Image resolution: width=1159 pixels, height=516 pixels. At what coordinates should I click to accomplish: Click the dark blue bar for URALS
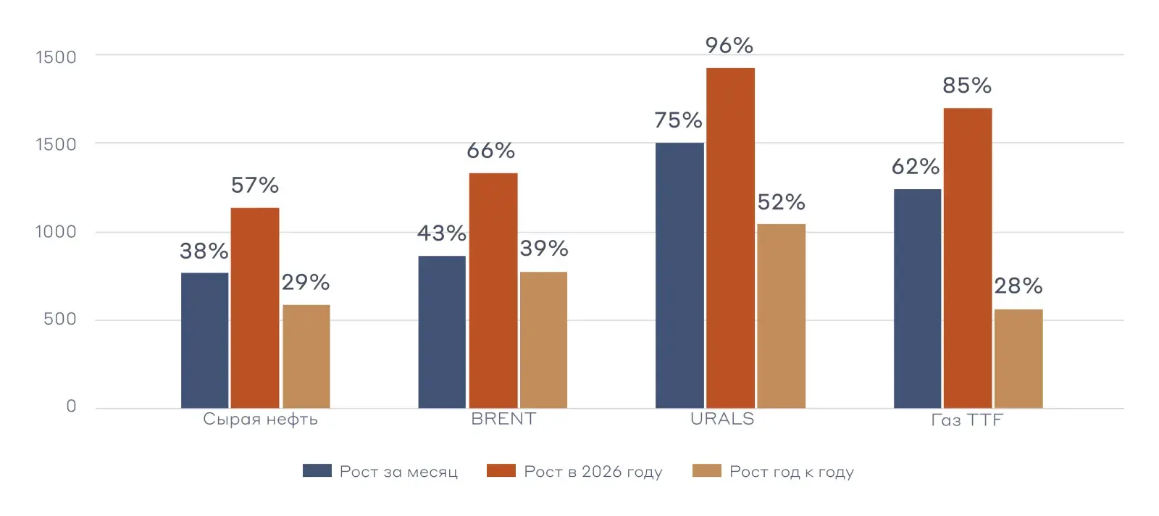[x=679, y=275]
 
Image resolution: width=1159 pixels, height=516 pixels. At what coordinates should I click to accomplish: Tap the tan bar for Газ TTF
[x=1018, y=359]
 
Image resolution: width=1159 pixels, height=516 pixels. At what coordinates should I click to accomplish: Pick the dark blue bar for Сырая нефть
[x=204, y=340]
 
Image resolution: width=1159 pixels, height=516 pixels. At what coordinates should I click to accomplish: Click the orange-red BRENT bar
[x=493, y=290]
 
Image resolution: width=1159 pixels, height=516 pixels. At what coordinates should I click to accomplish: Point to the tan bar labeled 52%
[x=781, y=316]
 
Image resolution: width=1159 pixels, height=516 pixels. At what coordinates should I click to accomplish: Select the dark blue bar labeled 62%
[x=917, y=299]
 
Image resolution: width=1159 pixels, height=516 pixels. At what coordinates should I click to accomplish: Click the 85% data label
[x=967, y=86]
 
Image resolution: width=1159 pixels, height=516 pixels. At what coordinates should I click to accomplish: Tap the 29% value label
[x=306, y=282]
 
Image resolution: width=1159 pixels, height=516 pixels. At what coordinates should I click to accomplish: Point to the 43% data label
[x=442, y=233]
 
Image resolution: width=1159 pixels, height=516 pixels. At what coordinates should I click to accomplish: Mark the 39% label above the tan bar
[x=544, y=249]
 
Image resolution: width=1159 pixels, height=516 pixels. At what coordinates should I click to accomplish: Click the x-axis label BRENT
[x=503, y=419]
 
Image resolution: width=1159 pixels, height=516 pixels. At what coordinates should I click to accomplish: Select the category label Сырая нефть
[x=260, y=420]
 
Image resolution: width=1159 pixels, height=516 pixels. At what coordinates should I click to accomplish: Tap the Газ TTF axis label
[x=966, y=420]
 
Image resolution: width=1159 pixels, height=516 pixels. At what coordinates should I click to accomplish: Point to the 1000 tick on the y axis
[x=56, y=232]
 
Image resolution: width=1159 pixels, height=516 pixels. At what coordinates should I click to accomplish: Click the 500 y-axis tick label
[x=59, y=320]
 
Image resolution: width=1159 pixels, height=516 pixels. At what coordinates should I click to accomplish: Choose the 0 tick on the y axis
[x=71, y=407]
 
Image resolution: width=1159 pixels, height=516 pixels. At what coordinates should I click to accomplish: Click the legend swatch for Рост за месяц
[x=317, y=471]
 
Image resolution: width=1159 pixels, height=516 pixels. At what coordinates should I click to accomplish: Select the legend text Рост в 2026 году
[x=593, y=472]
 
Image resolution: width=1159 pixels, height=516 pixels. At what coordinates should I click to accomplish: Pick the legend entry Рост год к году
[x=791, y=472]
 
